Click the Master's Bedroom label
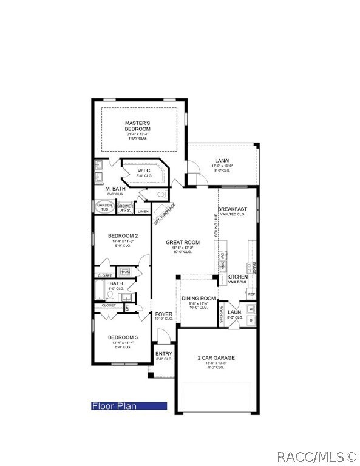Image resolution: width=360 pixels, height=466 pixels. point(138,126)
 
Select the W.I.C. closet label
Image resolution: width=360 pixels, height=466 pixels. point(144,171)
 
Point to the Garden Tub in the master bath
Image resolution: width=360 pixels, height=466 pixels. point(104,206)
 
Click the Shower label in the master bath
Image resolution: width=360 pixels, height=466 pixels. point(125,208)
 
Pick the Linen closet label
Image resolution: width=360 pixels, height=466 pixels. point(143,211)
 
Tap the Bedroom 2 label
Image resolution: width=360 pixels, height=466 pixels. point(123,235)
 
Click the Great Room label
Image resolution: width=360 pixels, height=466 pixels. point(183,242)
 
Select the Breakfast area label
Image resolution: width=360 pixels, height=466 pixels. point(232,209)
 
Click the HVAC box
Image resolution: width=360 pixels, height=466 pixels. point(125,272)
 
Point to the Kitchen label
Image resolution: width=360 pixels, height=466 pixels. point(237,277)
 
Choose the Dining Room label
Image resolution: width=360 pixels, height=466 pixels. point(199,298)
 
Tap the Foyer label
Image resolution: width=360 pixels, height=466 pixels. point(164,314)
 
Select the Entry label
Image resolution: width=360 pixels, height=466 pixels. point(164,354)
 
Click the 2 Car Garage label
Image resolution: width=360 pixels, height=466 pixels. point(216,358)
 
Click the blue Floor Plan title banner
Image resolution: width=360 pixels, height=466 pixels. point(129,406)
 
